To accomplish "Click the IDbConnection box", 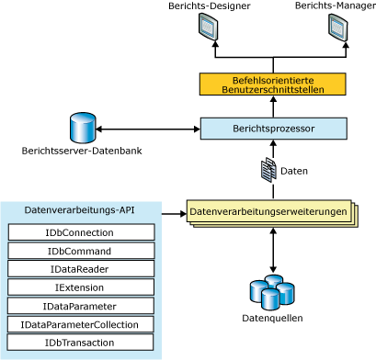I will pos(81,232).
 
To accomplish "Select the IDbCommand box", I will pos(81,251).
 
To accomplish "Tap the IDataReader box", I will pos(81,269).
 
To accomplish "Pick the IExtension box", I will pos(81,287).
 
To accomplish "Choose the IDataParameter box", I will pos(81,306).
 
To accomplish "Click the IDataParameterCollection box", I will pos(81,324).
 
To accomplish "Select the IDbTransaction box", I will pos(81,343).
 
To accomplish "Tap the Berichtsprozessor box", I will pos(273,129).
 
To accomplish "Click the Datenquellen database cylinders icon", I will pos(272,291).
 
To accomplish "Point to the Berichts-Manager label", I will pos(334,6).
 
